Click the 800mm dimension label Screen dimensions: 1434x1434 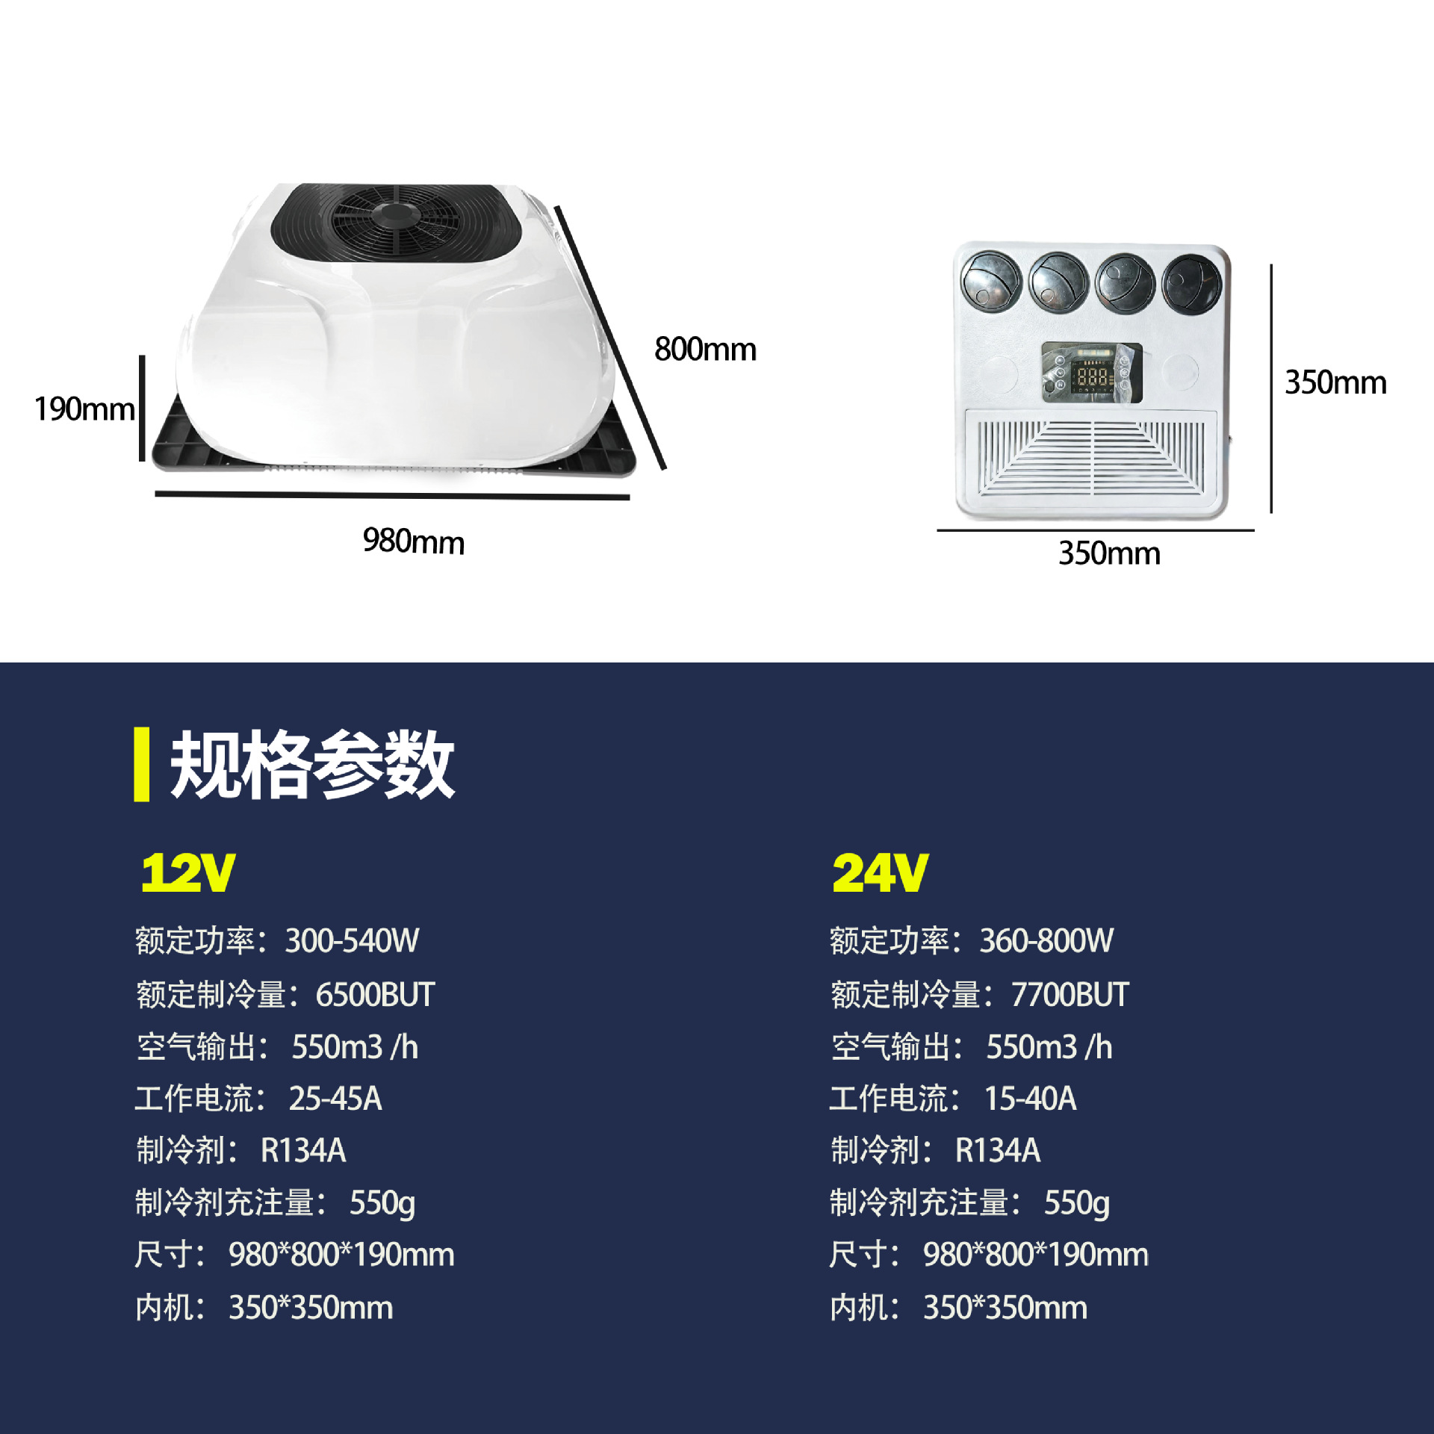(705, 350)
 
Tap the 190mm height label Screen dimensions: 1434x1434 (84, 409)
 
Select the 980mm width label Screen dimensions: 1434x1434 (413, 541)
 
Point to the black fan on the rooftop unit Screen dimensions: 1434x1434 (395, 222)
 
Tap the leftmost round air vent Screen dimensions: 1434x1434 (991, 281)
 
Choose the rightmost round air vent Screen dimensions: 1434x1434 (1192, 283)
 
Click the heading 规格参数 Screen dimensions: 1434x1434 (312, 765)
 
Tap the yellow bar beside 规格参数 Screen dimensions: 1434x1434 (141, 764)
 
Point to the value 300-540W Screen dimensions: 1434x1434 (352, 941)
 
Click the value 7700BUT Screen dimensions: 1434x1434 (1070, 995)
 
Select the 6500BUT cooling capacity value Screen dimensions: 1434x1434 (375, 995)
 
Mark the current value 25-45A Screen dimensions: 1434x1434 (335, 1099)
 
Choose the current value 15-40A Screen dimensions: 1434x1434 (1031, 1099)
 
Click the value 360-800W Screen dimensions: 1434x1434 (1046, 941)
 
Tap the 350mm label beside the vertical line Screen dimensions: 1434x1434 (1335, 382)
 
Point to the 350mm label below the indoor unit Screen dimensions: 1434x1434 (1109, 553)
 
